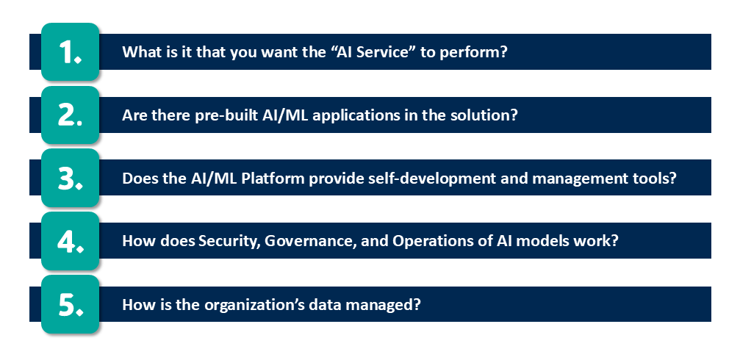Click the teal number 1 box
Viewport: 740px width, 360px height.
(71, 52)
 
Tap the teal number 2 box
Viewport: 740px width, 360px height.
(71, 115)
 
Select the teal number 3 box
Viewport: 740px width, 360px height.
(71, 179)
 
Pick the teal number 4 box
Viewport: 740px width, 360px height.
(71, 242)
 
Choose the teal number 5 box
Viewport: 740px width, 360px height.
(71, 305)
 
